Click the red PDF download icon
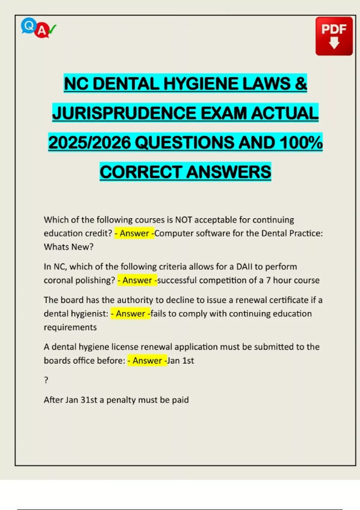(x=334, y=36)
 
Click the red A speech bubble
(x=42, y=31)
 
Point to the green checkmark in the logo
(x=52, y=29)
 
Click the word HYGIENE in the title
(x=200, y=84)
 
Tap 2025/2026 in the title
(x=89, y=143)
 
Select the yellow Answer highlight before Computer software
(x=134, y=233)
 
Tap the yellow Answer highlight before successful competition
(x=137, y=280)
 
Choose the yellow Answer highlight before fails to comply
(x=130, y=313)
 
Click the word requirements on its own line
(x=70, y=327)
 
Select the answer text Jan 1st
(x=181, y=360)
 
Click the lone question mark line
(x=46, y=380)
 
